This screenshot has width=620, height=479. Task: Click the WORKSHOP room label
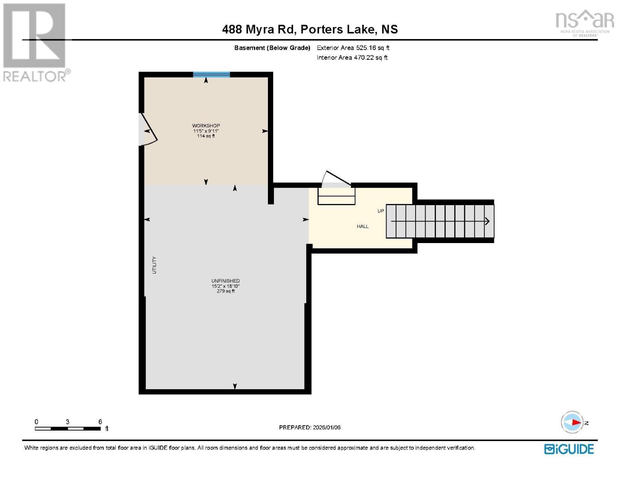[206, 125]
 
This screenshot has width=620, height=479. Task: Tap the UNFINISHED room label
[226, 281]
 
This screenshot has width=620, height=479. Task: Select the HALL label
[362, 226]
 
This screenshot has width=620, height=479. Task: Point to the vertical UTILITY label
[154, 265]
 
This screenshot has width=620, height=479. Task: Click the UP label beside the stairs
[381, 211]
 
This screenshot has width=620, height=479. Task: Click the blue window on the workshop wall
[211, 74]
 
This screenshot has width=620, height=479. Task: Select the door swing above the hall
[336, 180]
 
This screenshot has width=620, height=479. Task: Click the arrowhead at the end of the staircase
[487, 221]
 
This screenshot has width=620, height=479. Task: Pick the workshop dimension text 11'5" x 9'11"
[206, 131]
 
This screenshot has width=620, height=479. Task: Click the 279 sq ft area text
[226, 291]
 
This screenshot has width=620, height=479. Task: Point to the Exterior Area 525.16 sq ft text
[353, 48]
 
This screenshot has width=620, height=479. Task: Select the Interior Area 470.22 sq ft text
[352, 57]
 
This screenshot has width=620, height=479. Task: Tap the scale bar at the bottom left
[67, 428]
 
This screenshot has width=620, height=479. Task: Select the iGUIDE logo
[569, 449]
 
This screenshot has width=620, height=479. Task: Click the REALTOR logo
[35, 42]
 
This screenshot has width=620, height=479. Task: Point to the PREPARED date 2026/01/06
[309, 427]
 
